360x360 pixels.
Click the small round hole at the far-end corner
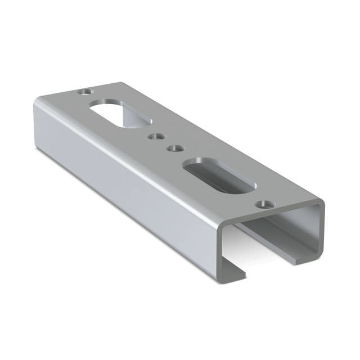85,91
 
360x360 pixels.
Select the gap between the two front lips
264,264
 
